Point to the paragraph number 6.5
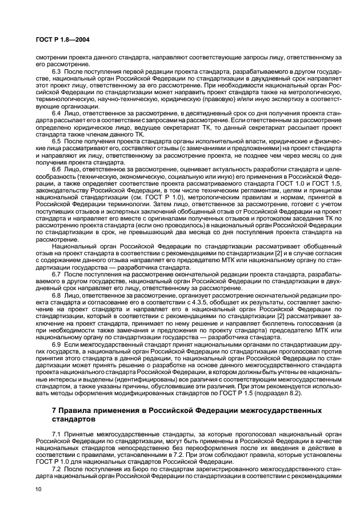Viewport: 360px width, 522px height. pyautogui.click(x=57, y=140)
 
